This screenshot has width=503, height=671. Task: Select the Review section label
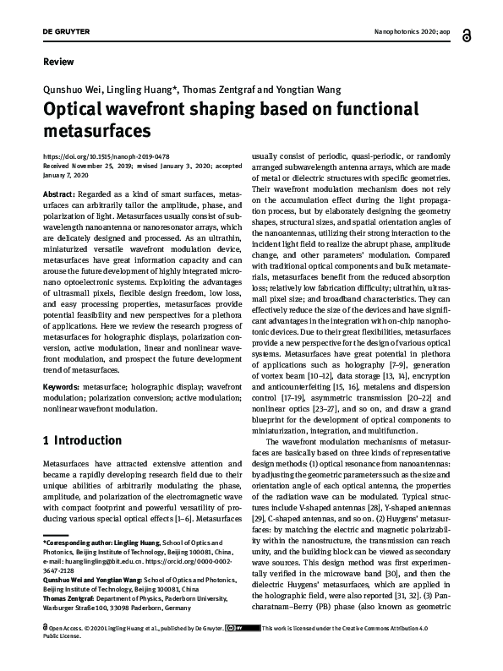[57, 62]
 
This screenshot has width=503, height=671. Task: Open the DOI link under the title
[105, 157]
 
